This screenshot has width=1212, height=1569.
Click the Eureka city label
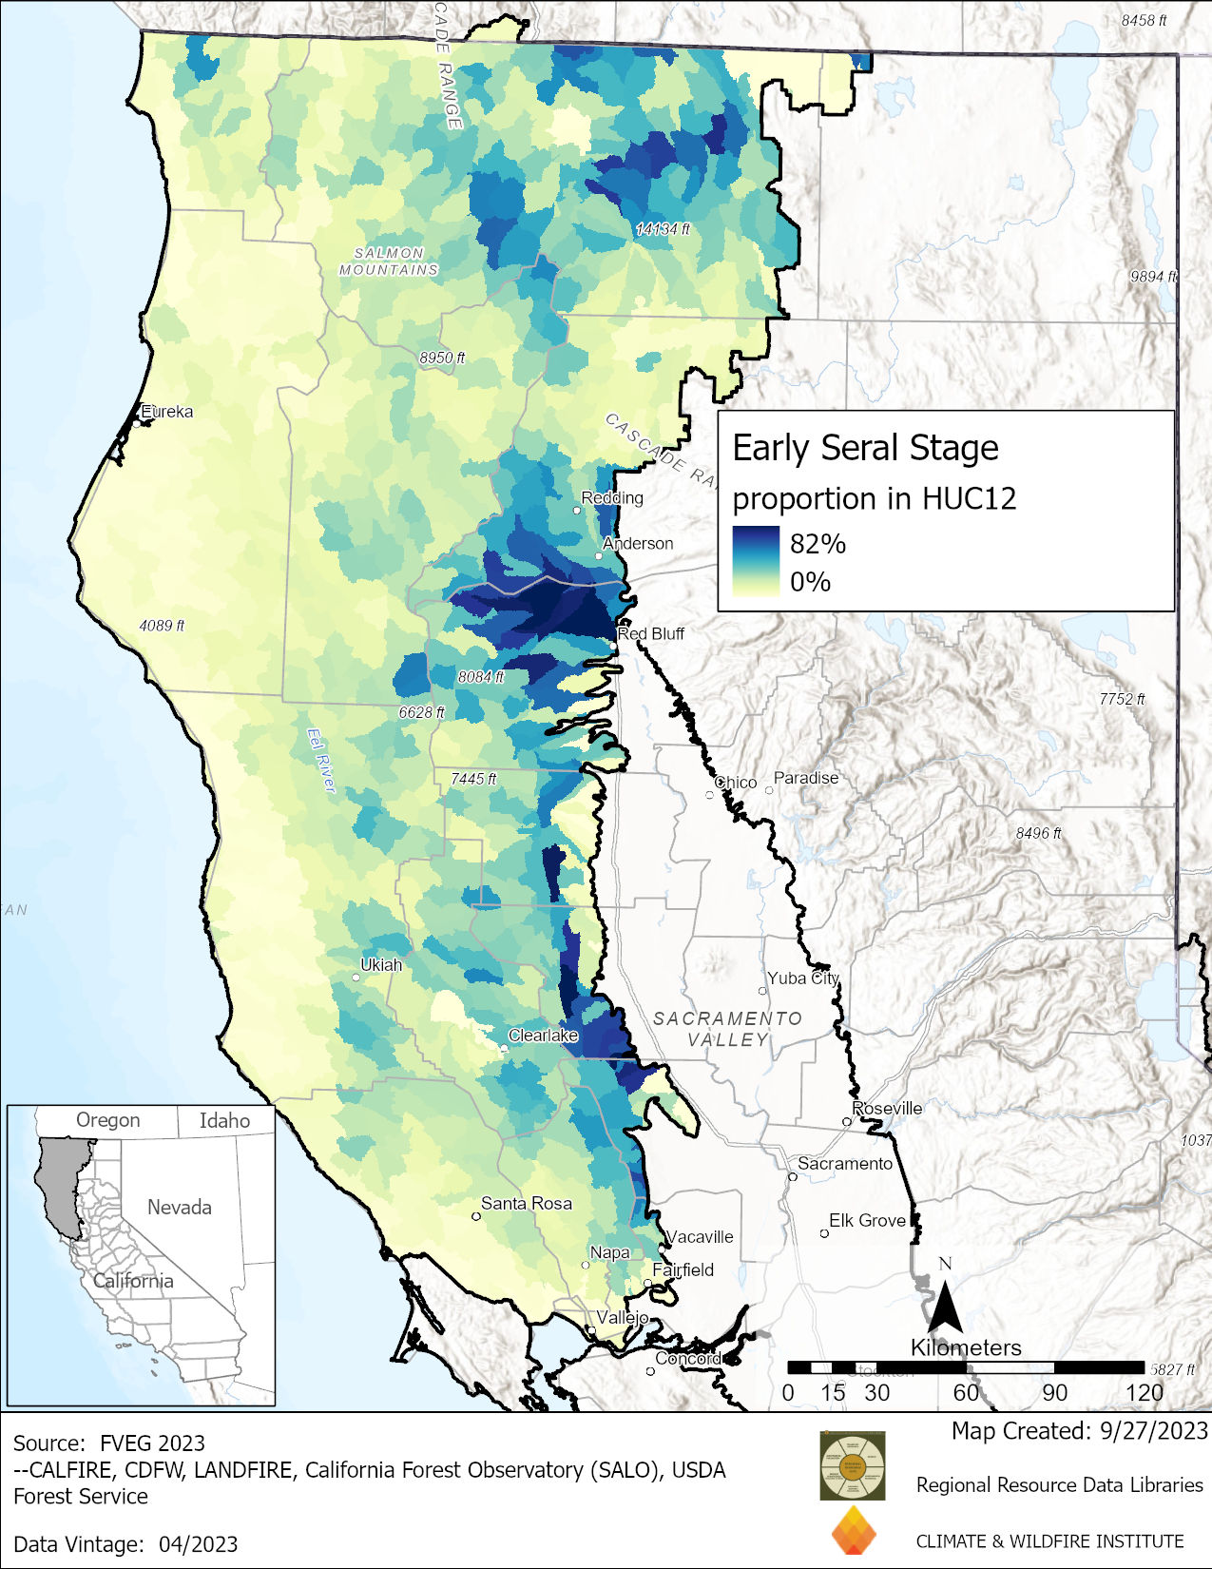[167, 412]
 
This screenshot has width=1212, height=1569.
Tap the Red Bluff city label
[652, 633]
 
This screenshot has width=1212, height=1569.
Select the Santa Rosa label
[526, 1204]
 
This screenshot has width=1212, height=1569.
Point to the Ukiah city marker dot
[356, 977]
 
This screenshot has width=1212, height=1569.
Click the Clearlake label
[543, 1036]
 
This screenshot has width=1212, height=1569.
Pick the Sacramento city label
[844, 1164]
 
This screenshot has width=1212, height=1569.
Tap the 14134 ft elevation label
[663, 229]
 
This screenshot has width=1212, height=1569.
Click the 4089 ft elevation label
[162, 626]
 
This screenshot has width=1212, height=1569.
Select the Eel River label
[321, 760]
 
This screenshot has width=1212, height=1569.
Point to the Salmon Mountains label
[389, 261]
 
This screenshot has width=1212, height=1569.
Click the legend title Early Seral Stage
[865, 448]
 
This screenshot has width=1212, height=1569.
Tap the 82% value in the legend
[818, 544]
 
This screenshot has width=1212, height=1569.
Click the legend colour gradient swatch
[755, 561]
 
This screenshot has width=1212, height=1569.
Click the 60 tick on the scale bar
[965, 1393]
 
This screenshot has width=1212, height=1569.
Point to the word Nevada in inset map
[179, 1208]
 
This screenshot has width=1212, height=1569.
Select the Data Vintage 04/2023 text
[125, 1544]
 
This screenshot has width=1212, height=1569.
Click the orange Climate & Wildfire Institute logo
[853, 1531]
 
